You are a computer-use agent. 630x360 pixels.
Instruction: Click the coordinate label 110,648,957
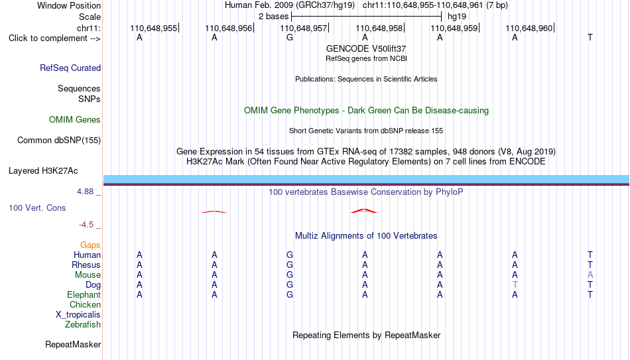[x=303, y=28]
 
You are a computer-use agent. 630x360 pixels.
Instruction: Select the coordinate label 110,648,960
[x=529, y=28]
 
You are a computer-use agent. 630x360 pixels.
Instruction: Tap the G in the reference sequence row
[x=290, y=37]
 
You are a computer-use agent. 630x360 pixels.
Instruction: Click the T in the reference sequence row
[x=590, y=37]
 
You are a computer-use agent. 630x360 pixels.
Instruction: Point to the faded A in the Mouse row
[x=590, y=275]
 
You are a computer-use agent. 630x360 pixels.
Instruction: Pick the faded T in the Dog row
[x=515, y=285]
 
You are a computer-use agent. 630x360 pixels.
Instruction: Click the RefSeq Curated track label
[x=70, y=68]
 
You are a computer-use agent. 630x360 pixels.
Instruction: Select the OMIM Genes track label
[x=75, y=120]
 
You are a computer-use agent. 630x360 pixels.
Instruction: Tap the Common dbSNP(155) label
[x=59, y=141]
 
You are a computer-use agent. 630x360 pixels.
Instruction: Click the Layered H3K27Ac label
[x=43, y=171]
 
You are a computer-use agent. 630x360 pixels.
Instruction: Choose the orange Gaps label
[x=90, y=245]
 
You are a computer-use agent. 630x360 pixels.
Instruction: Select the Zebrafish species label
[x=83, y=325]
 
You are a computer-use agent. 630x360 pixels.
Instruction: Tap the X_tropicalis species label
[x=78, y=315]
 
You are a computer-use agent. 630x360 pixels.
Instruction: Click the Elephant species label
[x=84, y=295]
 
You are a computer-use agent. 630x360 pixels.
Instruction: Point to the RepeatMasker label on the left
[x=73, y=344]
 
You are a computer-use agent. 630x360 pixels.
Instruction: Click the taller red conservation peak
[x=364, y=210]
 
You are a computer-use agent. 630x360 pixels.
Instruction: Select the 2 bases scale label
[x=273, y=17]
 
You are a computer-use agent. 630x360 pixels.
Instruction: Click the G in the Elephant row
[x=290, y=295]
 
